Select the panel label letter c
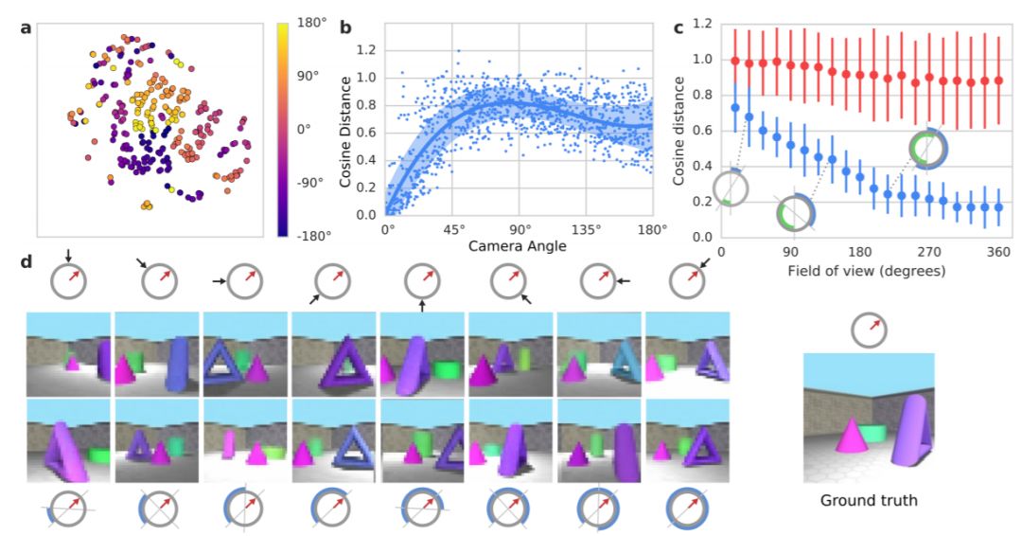click(x=678, y=27)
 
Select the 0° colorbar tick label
click(x=308, y=128)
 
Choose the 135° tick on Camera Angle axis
click(x=586, y=229)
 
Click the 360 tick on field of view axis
click(x=999, y=253)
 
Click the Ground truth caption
click(x=869, y=500)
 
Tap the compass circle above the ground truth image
click(x=869, y=330)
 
